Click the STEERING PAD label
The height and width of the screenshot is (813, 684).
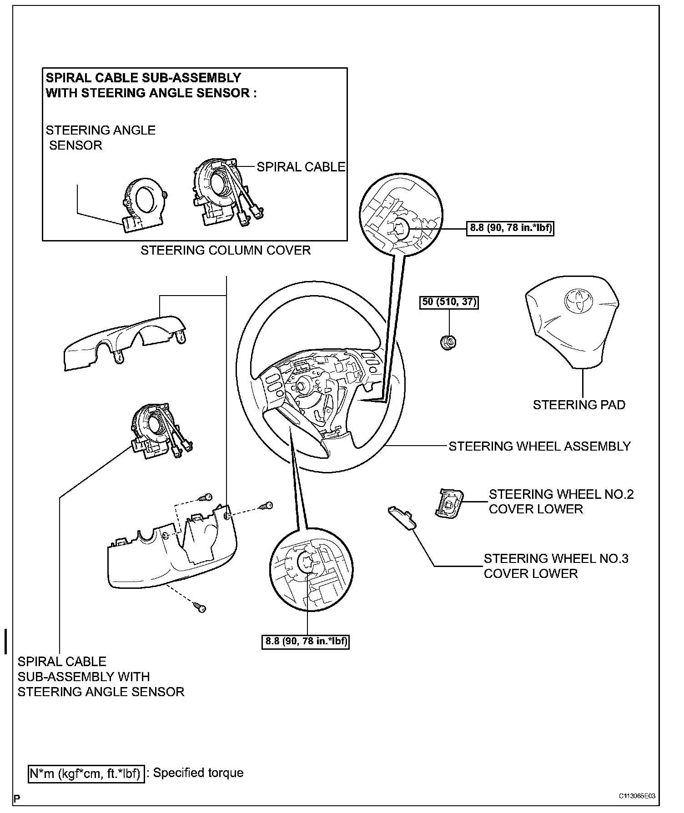(x=578, y=405)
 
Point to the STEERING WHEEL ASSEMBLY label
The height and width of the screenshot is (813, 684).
(x=539, y=446)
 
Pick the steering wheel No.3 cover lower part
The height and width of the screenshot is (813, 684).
(x=403, y=518)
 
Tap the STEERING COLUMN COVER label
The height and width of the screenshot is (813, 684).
(x=225, y=251)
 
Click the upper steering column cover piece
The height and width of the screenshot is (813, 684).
(x=125, y=343)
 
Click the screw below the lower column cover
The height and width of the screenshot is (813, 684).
(x=200, y=608)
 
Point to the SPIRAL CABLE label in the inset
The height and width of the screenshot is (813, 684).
(x=301, y=167)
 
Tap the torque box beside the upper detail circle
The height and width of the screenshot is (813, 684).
(x=510, y=227)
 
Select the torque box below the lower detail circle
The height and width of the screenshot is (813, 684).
(x=306, y=642)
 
